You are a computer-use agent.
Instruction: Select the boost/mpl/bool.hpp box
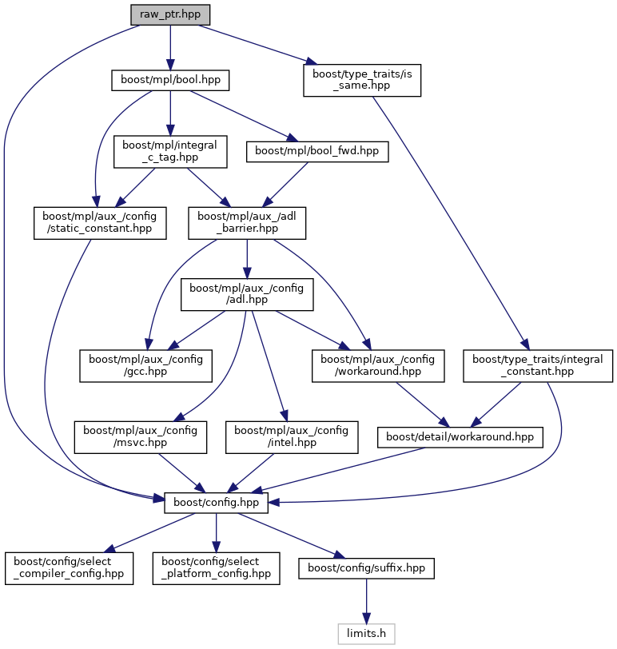170,80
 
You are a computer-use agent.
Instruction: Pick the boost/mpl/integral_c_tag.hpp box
170,151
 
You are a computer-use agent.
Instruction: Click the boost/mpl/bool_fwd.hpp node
317,151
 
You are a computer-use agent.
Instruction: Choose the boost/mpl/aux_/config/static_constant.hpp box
99,222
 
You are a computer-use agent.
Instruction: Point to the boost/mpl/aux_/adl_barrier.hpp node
246,222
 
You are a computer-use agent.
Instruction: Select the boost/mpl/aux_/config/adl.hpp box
246,293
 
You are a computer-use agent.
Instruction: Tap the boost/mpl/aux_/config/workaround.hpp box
376,364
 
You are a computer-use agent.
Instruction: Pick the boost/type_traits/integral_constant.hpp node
538,364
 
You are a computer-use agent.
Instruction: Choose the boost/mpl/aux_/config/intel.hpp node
290,436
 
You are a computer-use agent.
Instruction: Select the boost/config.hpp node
215,503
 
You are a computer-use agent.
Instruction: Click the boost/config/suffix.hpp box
366,569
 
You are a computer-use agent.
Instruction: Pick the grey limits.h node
366,635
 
